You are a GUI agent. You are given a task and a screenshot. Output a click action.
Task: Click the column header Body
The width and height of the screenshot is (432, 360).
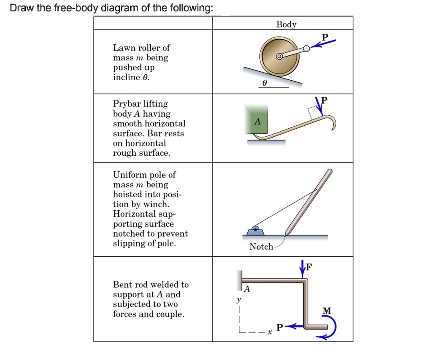coord(286,24)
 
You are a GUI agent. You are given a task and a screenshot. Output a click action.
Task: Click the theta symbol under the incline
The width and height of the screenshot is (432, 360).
coord(265,83)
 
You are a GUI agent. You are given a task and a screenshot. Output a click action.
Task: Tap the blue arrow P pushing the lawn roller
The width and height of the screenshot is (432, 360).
coord(326,43)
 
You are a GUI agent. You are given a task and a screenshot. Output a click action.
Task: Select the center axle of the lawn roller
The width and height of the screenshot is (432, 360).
coord(279,57)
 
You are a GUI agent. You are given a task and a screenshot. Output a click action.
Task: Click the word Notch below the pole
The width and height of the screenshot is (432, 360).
coord(261,246)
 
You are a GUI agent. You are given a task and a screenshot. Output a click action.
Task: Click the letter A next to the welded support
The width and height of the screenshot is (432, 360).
coord(247,290)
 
